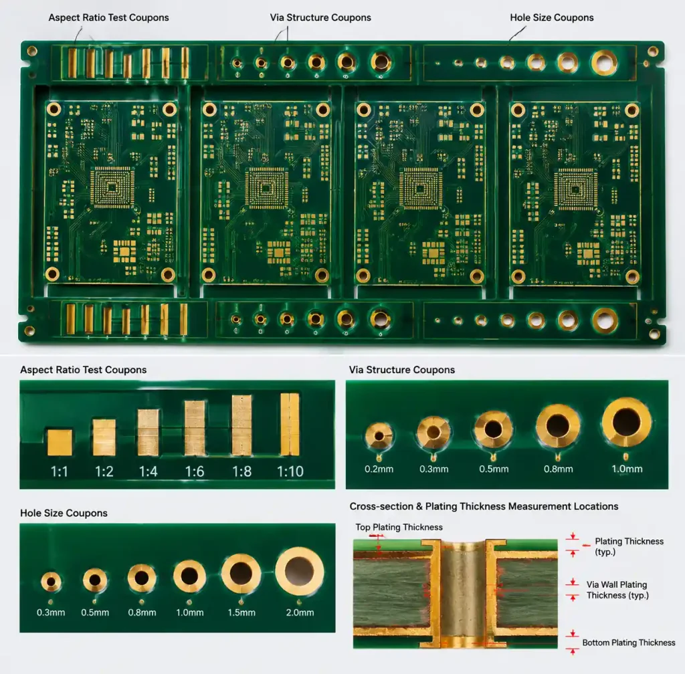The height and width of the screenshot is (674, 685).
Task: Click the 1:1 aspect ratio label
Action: (60, 471)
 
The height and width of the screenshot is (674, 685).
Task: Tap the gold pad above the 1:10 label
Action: (290, 425)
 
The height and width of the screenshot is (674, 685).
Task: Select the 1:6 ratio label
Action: (195, 471)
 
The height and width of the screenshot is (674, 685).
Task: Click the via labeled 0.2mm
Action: (379, 436)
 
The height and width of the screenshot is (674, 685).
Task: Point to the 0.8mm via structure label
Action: (558, 469)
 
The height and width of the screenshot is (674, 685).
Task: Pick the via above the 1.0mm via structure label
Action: (626, 422)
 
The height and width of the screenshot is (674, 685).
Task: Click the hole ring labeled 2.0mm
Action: (300, 572)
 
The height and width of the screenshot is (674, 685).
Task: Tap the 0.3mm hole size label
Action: (51, 612)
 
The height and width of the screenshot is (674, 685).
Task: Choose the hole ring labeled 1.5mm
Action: (241, 574)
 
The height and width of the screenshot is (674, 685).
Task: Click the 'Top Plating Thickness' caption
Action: (399, 528)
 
